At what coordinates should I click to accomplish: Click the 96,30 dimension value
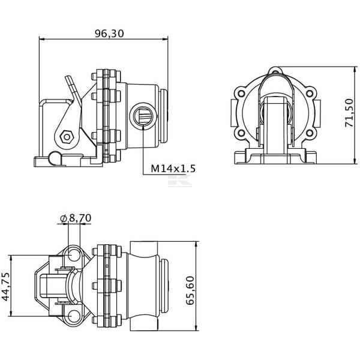(109, 34)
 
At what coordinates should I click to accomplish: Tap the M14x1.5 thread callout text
(173, 169)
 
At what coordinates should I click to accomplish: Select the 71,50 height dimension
(349, 113)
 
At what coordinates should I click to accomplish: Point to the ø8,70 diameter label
(76, 218)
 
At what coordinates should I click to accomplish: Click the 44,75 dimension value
(6, 287)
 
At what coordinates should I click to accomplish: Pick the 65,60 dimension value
(190, 290)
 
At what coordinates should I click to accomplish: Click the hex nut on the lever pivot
(67, 137)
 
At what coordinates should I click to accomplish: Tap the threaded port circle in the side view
(143, 114)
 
